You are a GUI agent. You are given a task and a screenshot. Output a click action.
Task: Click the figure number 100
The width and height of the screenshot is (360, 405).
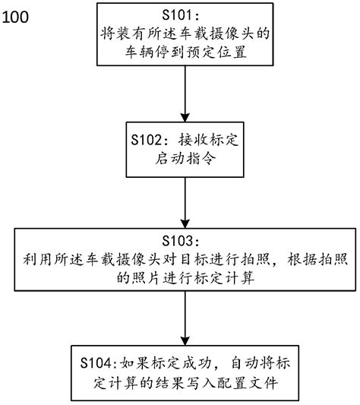(16, 16)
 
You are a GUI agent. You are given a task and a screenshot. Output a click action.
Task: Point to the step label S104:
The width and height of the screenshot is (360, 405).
(99, 361)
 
